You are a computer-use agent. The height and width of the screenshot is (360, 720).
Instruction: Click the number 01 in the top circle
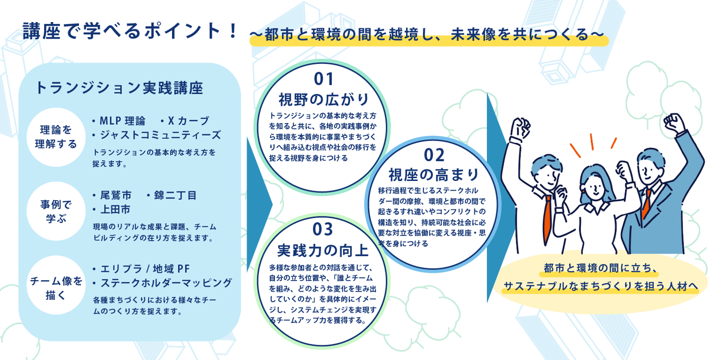pyautogui.click(x=324, y=79)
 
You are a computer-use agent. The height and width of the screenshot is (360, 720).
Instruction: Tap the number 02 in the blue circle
pyautogui.click(x=434, y=155)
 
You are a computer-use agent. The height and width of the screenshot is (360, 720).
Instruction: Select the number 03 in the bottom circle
pyautogui.click(x=323, y=230)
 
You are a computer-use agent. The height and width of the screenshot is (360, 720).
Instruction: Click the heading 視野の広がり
pyautogui.click(x=324, y=99)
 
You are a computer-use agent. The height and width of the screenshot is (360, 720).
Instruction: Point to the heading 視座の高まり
pyautogui.click(x=434, y=174)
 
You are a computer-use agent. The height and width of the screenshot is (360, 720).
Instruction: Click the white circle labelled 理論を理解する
pyautogui.click(x=56, y=137)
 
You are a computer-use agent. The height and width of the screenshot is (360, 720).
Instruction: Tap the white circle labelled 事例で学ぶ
pyautogui.click(x=56, y=211)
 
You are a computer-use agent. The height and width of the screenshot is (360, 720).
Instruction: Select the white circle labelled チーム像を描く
pyautogui.click(x=56, y=285)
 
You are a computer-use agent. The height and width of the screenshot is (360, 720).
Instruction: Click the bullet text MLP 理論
pyautogui.click(x=122, y=121)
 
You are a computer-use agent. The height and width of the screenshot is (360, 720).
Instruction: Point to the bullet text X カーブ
pyautogui.click(x=188, y=121)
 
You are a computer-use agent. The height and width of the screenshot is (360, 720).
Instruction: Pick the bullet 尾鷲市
pyautogui.click(x=116, y=195)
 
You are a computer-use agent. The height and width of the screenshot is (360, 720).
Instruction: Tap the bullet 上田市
pyautogui.click(x=115, y=209)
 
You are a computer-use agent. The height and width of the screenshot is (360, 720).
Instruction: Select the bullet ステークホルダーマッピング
pyautogui.click(x=166, y=283)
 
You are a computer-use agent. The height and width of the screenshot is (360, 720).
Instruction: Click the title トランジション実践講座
pyautogui.click(x=119, y=88)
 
